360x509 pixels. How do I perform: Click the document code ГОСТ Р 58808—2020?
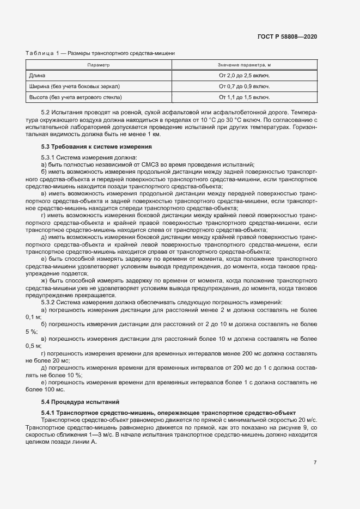(x=287, y=36)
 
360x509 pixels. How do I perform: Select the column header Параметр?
(x=99, y=65)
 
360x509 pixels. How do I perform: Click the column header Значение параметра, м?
(x=244, y=65)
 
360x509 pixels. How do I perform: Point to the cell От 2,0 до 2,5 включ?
(x=244, y=76)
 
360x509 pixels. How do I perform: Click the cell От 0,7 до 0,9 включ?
(x=244, y=86)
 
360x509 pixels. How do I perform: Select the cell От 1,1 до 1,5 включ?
(x=244, y=97)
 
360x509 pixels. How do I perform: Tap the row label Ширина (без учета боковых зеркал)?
(x=74, y=86)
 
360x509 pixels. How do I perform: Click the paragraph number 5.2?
(x=46, y=112)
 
